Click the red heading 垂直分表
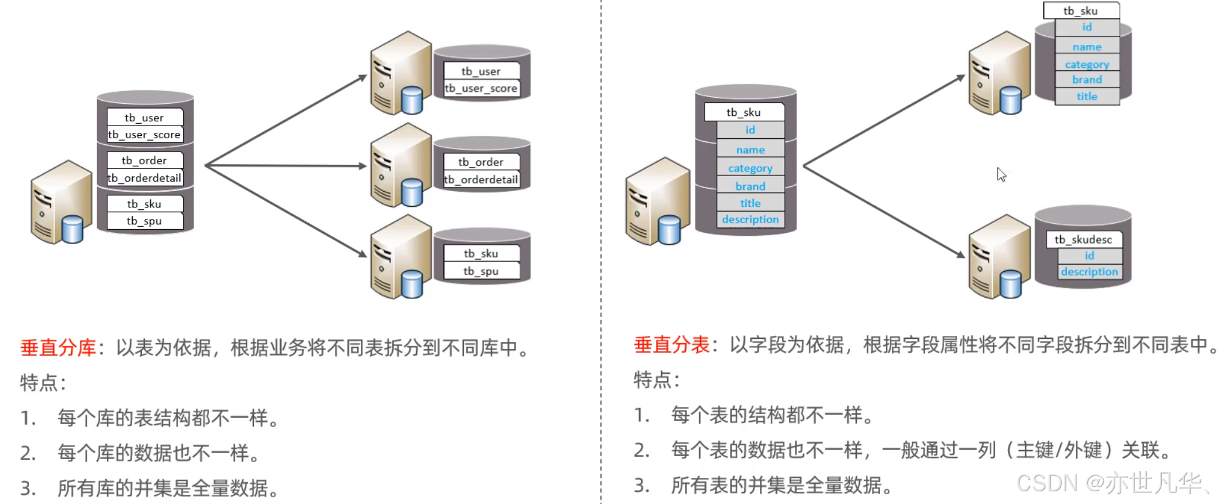671,344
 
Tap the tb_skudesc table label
1083,240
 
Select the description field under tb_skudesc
1089,272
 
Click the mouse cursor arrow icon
1001,174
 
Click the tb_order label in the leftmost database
144,161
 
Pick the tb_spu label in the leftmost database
144,221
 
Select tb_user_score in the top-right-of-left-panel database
481,89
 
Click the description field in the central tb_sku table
750,220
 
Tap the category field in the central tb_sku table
750,168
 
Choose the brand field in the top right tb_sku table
1087,79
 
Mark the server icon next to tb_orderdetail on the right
400,166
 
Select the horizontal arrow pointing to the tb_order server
285,165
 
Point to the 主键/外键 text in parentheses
1059,450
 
